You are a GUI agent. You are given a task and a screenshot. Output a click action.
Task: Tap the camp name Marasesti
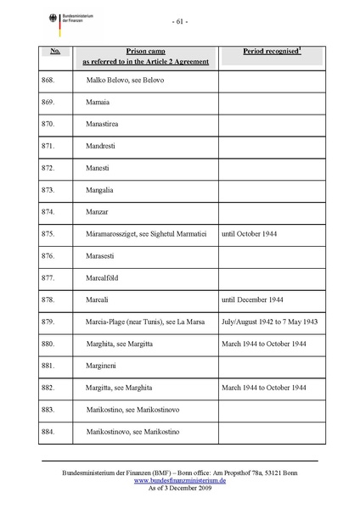pyautogui.click(x=104, y=255)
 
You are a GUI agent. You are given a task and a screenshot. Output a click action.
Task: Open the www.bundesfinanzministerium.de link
pyautogui.click(x=179, y=480)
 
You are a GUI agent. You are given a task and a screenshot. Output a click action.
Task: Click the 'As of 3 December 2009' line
pyautogui.click(x=179, y=488)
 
